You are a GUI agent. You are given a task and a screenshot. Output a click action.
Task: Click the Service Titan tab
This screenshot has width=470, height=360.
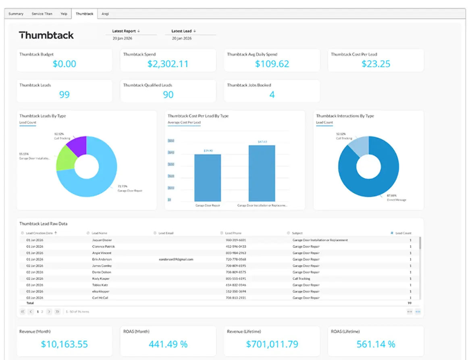click(42, 14)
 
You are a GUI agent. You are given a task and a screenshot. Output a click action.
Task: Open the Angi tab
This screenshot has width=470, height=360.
click(105, 14)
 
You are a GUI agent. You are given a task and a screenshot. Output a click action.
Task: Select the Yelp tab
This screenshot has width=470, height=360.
click(64, 14)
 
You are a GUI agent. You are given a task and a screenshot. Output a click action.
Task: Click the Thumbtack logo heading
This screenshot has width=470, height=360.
click(46, 35)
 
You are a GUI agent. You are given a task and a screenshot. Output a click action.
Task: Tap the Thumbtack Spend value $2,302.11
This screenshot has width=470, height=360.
click(168, 64)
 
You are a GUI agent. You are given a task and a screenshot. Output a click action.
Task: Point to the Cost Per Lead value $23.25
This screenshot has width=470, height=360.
click(376, 64)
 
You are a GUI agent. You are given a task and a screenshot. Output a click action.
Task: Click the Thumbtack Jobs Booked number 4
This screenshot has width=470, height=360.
click(272, 95)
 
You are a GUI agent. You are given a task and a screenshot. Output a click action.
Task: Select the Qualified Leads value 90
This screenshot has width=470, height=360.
click(168, 95)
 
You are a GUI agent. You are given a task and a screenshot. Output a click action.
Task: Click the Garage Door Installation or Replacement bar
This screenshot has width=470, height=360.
click(262, 173)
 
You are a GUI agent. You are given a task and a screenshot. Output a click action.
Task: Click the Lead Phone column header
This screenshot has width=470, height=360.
click(233, 233)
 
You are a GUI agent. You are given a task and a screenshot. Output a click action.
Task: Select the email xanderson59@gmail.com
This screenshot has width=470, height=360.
click(176, 259)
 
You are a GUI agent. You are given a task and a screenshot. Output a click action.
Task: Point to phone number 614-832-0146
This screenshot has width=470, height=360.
click(236, 285)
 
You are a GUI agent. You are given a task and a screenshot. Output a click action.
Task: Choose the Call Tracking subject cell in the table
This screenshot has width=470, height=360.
click(301, 279)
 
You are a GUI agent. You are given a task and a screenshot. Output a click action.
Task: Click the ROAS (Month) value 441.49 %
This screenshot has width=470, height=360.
click(168, 344)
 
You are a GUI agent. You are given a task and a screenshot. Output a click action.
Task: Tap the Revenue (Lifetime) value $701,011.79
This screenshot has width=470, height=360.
click(272, 344)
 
